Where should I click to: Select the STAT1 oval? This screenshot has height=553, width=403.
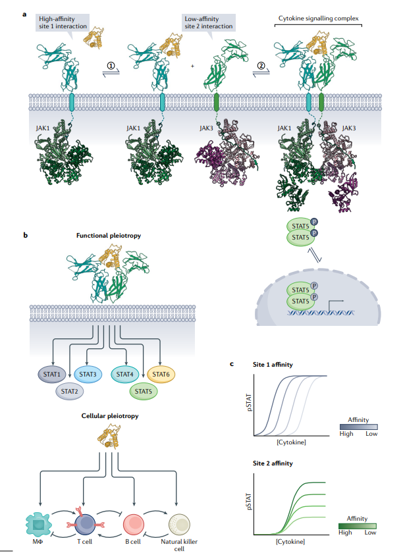click(x=53, y=375)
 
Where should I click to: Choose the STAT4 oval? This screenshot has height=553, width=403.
click(x=126, y=375)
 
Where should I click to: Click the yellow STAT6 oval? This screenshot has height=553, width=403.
click(x=161, y=375)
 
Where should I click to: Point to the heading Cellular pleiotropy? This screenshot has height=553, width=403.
click(x=105, y=417)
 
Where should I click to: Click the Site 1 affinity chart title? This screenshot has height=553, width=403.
click(x=273, y=364)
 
